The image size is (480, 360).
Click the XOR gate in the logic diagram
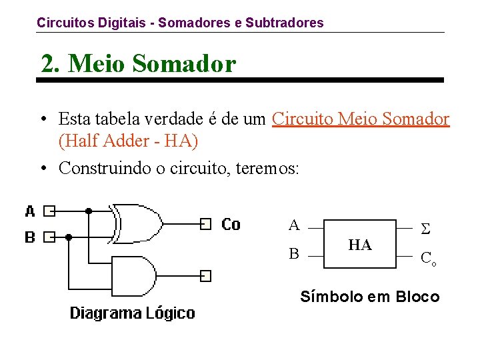click(138, 223)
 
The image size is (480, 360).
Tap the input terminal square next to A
click(49, 211)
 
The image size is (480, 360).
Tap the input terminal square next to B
click(49, 237)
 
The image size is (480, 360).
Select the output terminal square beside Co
click(206, 223)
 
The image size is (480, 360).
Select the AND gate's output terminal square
click(206, 275)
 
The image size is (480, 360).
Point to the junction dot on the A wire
click(89, 211)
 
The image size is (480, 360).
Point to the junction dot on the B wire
click(68, 237)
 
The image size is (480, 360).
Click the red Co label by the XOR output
click(231, 224)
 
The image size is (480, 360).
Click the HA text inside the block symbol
click(360, 245)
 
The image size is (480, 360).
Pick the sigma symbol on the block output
click(425, 229)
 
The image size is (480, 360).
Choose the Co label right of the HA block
click(428, 259)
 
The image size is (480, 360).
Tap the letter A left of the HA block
click(294, 225)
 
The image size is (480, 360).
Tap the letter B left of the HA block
click(293, 253)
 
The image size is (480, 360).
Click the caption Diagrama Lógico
click(133, 313)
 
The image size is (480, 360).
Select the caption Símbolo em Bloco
click(370, 297)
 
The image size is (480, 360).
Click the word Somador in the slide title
click(184, 64)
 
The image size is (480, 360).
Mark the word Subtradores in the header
click(285, 23)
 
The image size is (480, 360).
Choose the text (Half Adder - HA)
click(129, 141)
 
